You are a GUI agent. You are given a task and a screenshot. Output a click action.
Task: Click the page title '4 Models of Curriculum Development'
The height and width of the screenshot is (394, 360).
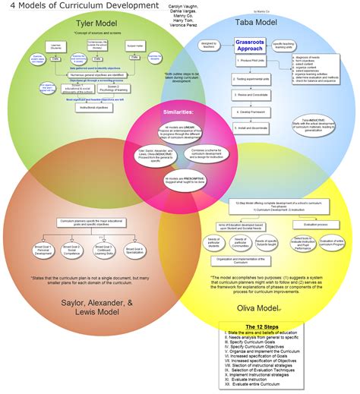coord(67,8)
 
